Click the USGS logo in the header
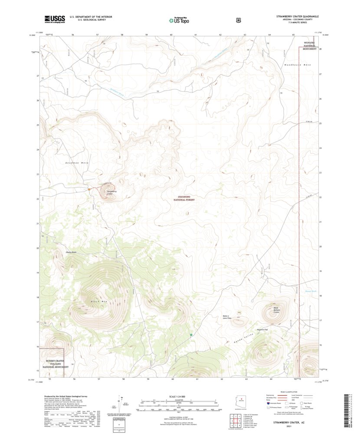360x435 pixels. click(x=54, y=19)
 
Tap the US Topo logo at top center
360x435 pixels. click(x=181, y=20)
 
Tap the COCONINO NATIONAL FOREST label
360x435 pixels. click(x=184, y=198)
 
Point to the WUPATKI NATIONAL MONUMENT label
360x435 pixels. click(x=309, y=46)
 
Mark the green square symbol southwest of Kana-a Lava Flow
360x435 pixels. click(x=191, y=335)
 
